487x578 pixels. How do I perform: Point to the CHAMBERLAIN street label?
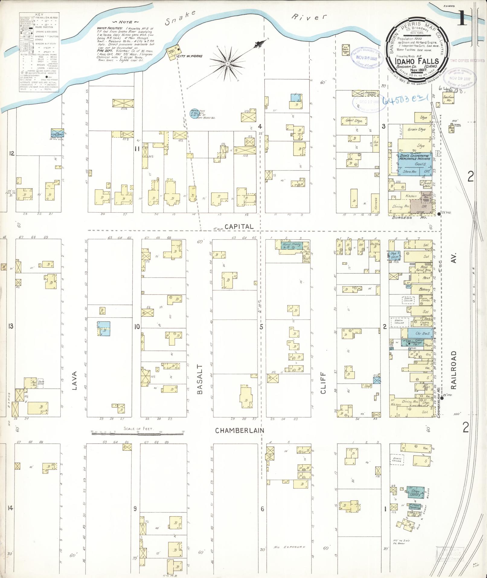tap(240, 430)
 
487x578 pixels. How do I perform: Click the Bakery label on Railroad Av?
tap(424, 289)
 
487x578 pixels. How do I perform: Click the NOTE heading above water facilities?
tap(124, 22)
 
